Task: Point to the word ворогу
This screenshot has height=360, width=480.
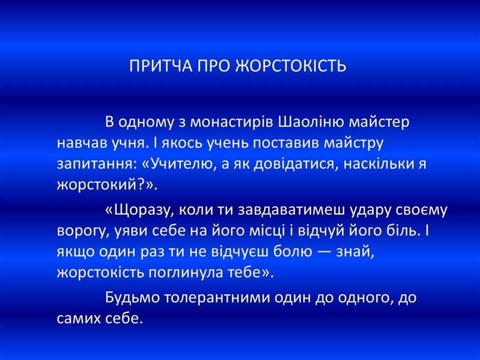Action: click(80, 231)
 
